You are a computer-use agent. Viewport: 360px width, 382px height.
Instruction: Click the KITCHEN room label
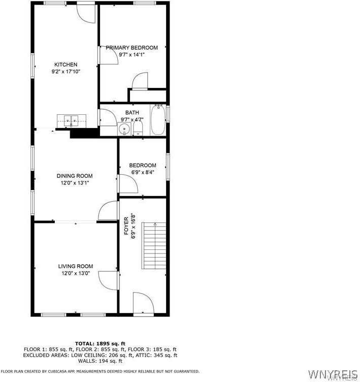pos(66,65)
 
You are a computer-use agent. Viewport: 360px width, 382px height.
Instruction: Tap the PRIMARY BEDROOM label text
pos(132,48)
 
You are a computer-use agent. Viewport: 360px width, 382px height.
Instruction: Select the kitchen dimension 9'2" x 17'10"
pos(66,72)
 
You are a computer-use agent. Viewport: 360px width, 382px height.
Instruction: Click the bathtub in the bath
pos(158,120)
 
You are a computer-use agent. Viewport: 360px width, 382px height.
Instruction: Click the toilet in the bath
pos(138,127)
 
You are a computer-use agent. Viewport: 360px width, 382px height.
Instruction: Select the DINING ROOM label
pos(75,176)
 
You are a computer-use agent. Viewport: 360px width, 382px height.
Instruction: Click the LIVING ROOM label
pos(75,266)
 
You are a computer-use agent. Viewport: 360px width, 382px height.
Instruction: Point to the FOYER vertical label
pos(126,226)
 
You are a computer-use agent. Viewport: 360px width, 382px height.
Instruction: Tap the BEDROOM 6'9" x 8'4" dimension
pos(142,172)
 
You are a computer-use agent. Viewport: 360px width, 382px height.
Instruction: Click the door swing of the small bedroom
pos(127,184)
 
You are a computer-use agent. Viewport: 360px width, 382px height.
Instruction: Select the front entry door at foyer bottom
pos(143,302)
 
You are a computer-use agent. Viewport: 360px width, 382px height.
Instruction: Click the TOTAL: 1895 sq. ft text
pos(100,343)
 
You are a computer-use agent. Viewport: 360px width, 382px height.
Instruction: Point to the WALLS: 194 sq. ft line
pos(100,361)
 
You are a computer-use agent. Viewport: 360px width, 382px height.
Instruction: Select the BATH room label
pos(132,113)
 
